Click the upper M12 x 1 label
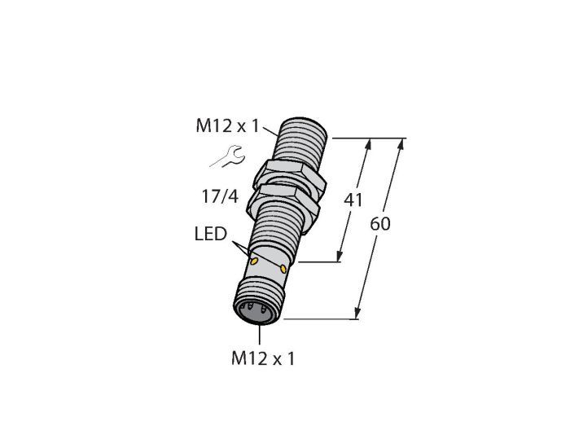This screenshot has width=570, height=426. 227,126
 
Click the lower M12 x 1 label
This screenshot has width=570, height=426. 262,358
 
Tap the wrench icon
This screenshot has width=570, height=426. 228,156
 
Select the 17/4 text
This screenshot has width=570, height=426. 220,196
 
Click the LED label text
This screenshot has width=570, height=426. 210,234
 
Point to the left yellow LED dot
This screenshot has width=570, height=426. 254,261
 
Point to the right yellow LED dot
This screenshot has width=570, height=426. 283,269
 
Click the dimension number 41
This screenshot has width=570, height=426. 353,200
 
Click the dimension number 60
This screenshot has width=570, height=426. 380,223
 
